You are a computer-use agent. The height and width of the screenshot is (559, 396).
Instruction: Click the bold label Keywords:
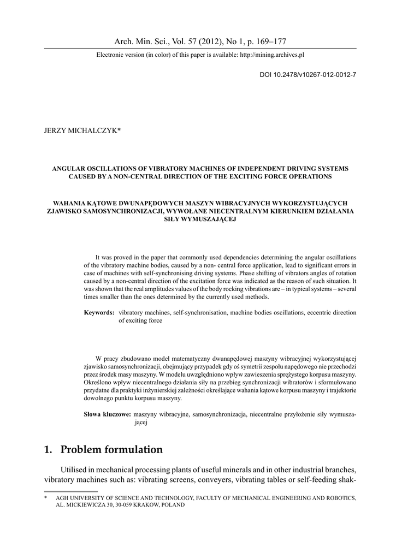(99, 313)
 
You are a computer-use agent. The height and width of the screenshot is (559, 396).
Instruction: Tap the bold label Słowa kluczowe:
(108, 414)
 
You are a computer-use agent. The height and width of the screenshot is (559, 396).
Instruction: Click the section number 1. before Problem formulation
(48, 450)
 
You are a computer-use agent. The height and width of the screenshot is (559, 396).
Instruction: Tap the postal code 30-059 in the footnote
(113, 506)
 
